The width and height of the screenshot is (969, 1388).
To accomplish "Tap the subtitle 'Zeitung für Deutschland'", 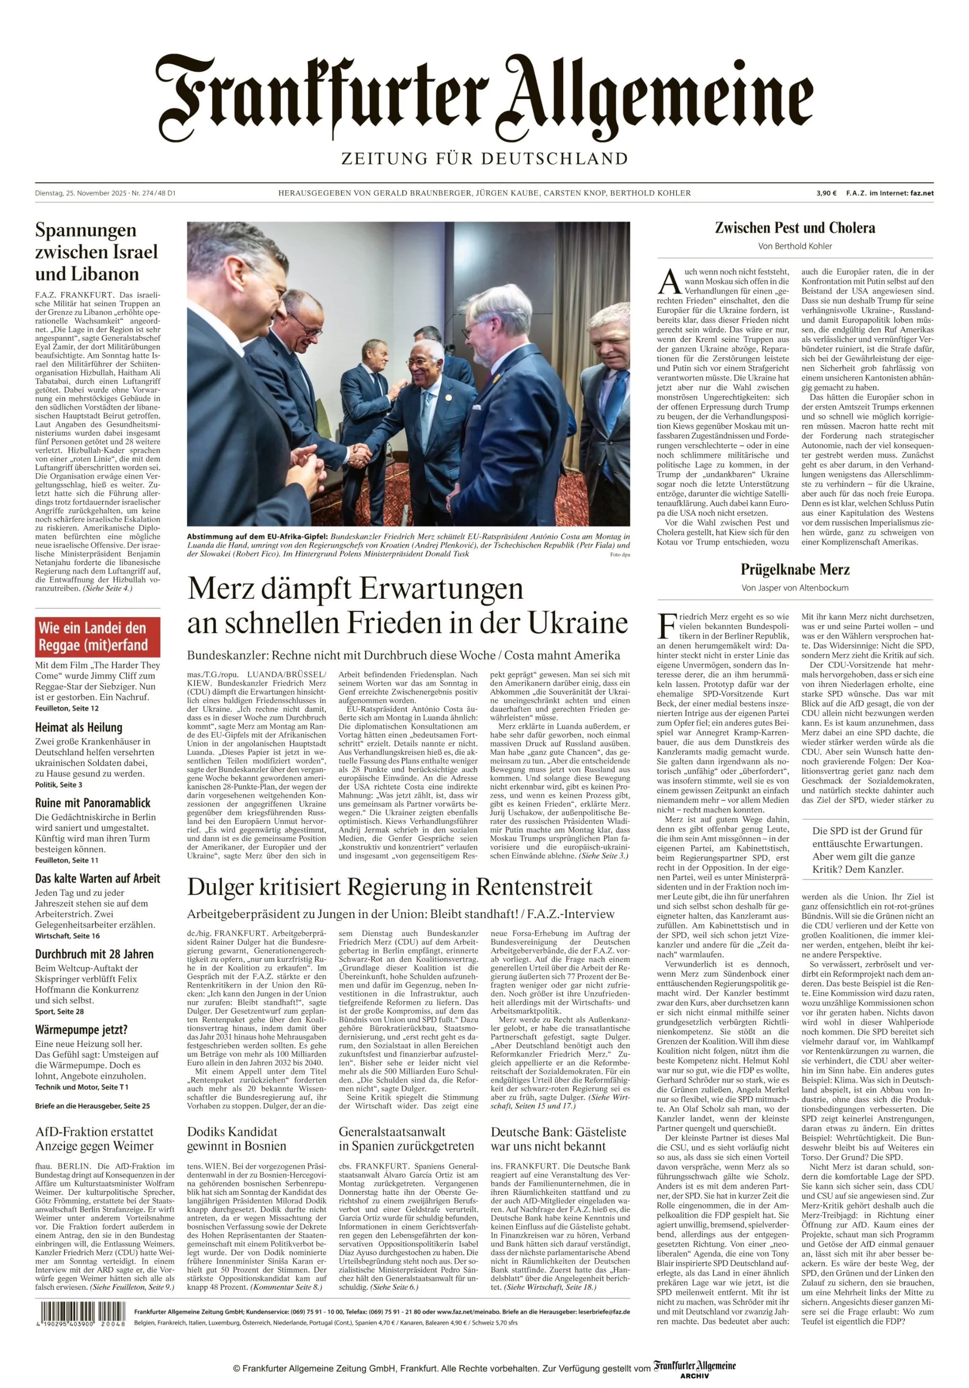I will click(484, 159).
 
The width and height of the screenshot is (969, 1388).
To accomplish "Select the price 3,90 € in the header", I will click(826, 193).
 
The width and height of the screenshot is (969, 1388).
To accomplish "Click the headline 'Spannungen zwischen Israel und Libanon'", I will click(96, 252).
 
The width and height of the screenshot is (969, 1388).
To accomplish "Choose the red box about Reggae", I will click(98, 637).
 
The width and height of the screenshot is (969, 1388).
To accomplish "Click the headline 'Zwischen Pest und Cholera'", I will click(795, 228).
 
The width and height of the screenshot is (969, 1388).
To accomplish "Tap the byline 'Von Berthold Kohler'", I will click(795, 246).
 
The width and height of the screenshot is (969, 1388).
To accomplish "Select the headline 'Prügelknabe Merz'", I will click(795, 569).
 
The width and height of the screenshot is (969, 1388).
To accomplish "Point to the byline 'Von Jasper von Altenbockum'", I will click(795, 588).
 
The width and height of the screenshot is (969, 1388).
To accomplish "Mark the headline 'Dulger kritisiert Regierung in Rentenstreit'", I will click(390, 887).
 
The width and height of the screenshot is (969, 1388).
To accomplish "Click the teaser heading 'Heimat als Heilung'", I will click(79, 727).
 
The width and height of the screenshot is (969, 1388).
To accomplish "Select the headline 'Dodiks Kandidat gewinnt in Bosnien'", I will click(236, 1139).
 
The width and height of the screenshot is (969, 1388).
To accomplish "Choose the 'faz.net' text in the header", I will click(921, 193).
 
